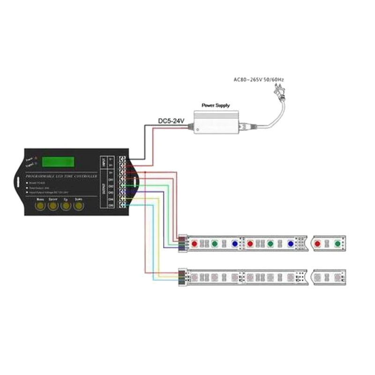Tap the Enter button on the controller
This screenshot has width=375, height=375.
53,205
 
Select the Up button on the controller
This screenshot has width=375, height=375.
66,205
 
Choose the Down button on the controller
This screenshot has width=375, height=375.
78,205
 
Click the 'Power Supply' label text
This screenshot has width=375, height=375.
215,106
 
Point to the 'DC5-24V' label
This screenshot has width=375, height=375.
172,121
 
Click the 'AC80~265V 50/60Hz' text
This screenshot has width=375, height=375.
259,79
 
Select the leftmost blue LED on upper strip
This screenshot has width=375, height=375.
234,244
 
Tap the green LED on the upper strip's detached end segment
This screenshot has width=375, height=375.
337,244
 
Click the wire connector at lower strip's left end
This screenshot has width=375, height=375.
182,275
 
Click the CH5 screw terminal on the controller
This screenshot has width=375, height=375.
123,205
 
